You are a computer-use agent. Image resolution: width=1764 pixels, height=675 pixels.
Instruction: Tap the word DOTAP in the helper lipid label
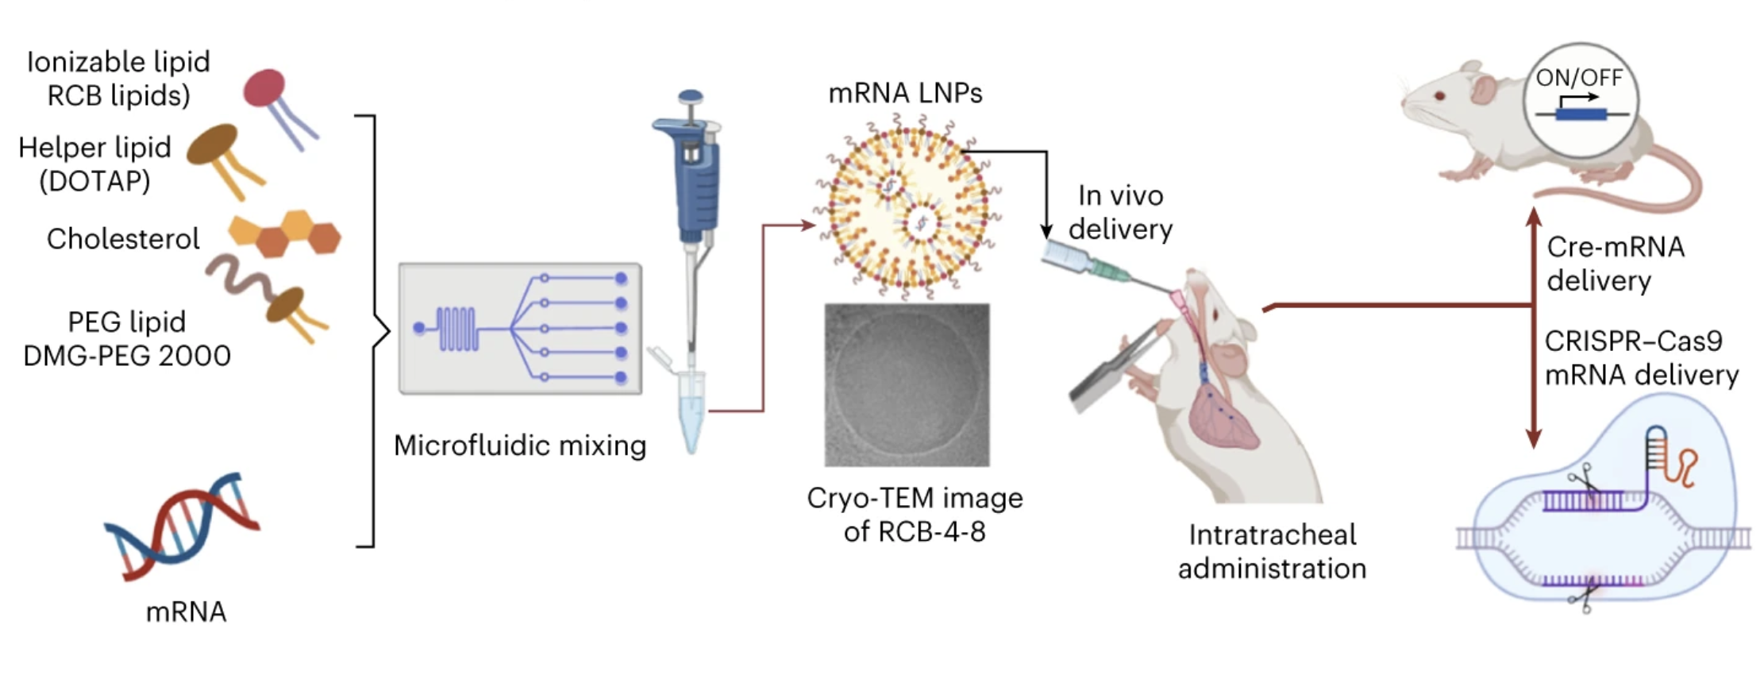(94, 181)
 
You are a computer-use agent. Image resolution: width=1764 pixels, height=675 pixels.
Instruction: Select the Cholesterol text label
(123, 239)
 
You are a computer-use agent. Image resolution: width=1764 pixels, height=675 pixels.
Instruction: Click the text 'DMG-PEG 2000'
(127, 355)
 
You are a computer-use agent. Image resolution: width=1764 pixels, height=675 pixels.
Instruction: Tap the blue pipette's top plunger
(691, 98)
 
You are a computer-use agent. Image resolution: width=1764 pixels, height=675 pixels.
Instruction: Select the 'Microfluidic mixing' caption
(520, 445)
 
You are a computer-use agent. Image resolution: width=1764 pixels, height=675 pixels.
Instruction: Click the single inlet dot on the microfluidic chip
(419, 327)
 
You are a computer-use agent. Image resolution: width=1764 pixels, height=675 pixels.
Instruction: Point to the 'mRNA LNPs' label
(905, 93)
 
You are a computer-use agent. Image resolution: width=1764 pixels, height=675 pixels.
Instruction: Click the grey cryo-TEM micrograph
(907, 384)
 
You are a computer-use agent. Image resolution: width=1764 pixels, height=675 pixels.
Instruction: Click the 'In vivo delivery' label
(1120, 212)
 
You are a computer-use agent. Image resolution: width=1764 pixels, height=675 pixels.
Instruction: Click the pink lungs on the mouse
(1223, 419)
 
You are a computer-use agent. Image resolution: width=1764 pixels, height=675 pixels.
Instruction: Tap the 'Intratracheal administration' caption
(1272, 551)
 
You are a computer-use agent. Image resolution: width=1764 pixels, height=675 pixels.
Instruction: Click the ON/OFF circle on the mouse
(1580, 99)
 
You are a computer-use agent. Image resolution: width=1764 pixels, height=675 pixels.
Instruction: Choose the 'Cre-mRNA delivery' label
(1615, 264)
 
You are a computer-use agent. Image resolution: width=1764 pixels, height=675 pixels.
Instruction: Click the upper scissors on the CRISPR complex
(1585, 481)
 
